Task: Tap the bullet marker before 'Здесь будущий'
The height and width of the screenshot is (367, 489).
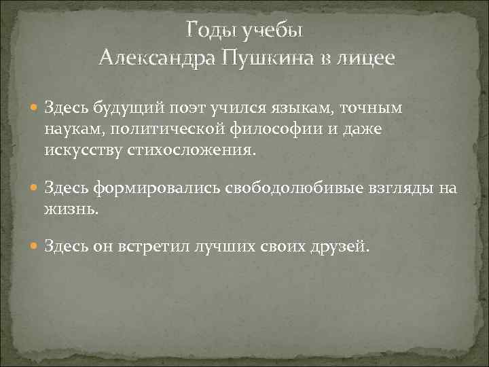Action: (34, 107)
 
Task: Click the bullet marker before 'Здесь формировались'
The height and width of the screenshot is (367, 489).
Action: (34, 188)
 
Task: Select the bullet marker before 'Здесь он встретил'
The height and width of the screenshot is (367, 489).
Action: (34, 246)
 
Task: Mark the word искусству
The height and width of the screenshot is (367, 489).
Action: (84, 150)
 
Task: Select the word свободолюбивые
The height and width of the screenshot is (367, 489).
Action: (278, 188)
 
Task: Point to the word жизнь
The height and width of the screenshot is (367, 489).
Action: (71, 209)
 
